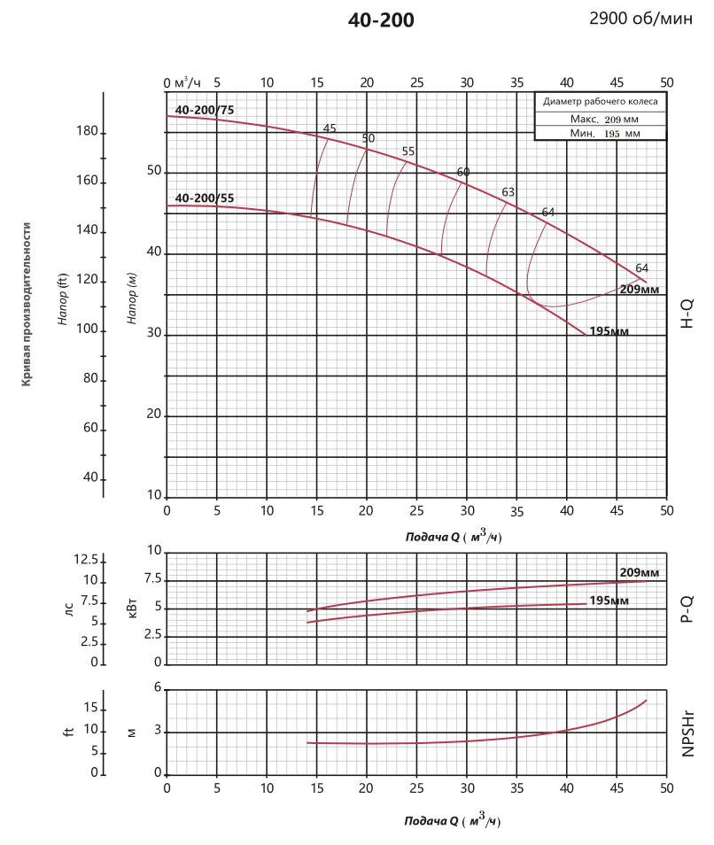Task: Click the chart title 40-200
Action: click(x=381, y=20)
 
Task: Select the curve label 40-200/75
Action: click(x=205, y=110)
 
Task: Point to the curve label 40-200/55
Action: click(x=205, y=198)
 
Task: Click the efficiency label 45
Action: click(x=330, y=128)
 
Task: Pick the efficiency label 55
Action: click(x=408, y=151)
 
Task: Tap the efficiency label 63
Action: click(x=508, y=191)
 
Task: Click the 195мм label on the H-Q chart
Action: click(x=609, y=331)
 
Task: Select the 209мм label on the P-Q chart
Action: click(x=638, y=572)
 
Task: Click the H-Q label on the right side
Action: click(x=687, y=314)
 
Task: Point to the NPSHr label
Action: click(x=687, y=733)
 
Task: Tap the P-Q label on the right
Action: click(x=687, y=607)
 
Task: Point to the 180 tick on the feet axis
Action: click(x=87, y=132)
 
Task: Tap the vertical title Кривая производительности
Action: click(x=27, y=304)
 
